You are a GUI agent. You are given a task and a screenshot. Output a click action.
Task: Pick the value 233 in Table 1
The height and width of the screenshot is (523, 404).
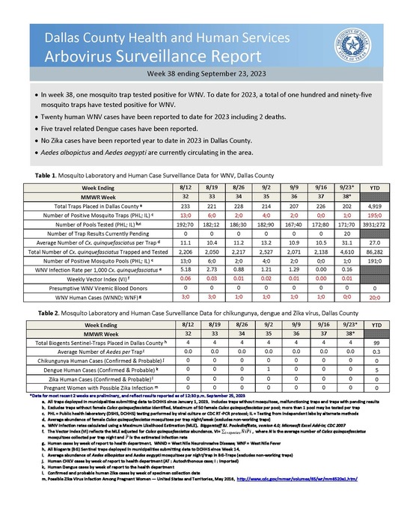pos(168,205)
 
